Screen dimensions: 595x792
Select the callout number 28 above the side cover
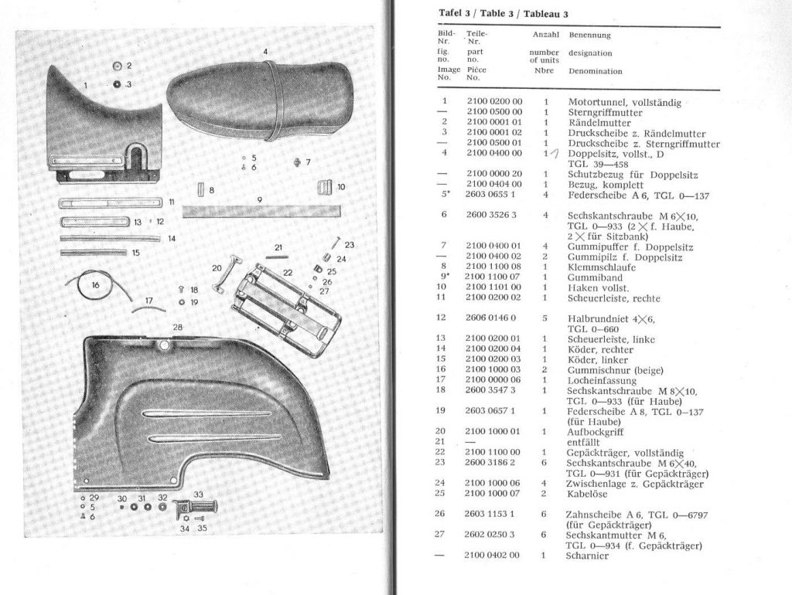coord(177,328)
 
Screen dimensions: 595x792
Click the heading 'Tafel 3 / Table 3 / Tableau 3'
coord(504,14)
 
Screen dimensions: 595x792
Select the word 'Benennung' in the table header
coord(589,35)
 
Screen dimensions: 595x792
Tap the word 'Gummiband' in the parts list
coord(593,277)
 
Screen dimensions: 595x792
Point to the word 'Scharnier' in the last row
coord(588,556)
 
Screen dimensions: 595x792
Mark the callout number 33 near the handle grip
coord(199,495)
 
